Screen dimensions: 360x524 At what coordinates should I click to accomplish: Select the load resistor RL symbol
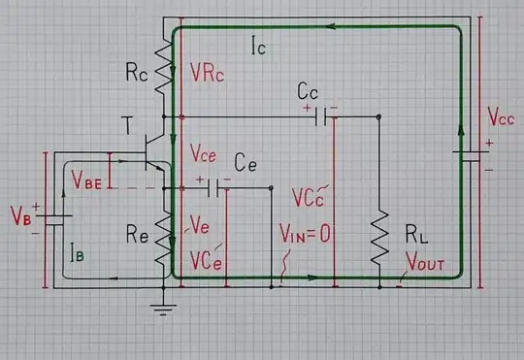pos(378,239)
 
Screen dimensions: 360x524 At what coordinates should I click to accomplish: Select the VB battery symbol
pos(45,214)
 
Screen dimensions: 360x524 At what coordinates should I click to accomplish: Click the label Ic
pos(259,46)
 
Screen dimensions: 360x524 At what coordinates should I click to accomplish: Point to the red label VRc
pos(208,72)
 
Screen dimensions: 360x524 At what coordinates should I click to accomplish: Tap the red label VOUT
pos(424,262)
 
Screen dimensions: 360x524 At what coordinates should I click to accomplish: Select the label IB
pos(82,253)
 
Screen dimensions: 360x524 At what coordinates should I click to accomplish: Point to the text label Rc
pos(136,71)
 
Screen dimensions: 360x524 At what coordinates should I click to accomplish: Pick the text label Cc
pos(308,92)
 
